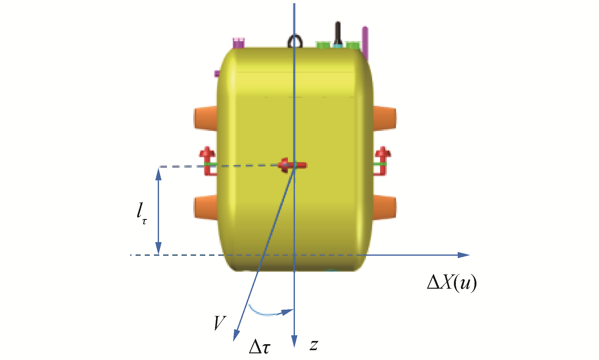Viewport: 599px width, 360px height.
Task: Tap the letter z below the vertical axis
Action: pos(314,345)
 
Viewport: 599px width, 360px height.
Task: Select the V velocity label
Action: pos(220,323)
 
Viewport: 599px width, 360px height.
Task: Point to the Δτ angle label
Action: pos(260,346)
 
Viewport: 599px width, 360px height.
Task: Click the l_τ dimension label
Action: pos(142,214)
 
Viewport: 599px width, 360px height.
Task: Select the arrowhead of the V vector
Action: pos(236,336)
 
